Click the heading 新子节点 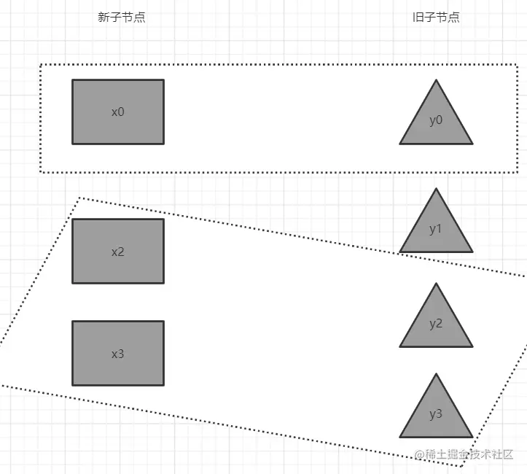[x=122, y=18]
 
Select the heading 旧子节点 [x=436, y=18]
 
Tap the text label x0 [x=118, y=112]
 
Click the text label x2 [x=118, y=252]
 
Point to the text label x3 [x=118, y=354]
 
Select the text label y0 [x=436, y=120]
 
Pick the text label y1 [x=436, y=229]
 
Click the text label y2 [x=436, y=324]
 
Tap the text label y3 [x=436, y=414]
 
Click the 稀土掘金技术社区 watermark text [x=469, y=454]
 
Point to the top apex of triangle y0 [x=436, y=80]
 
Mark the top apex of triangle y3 [x=436, y=374]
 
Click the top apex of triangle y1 [x=436, y=189]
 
